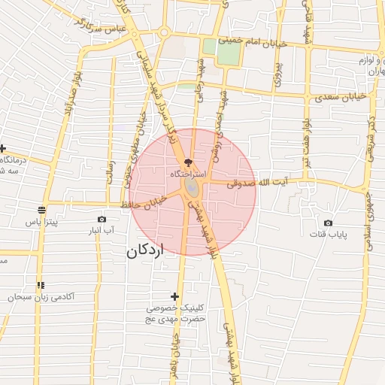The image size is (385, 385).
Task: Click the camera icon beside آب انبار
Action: click(x=102, y=219)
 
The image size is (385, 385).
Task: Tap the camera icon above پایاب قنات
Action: click(x=328, y=223)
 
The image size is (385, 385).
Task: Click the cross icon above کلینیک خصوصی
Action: click(x=175, y=297)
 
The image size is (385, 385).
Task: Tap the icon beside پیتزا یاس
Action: click(x=41, y=211)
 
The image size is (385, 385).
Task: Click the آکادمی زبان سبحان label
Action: click(x=41, y=297)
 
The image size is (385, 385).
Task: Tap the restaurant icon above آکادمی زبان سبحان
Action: click(x=41, y=285)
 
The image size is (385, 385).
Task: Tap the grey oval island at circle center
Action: click(x=192, y=186)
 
